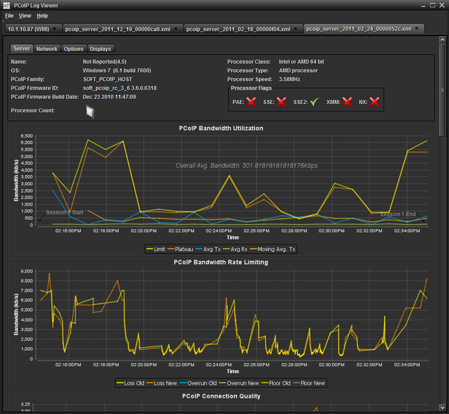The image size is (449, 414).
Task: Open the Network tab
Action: coord(47,49)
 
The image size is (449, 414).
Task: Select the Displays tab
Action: coord(100,49)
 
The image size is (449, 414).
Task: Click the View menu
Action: coord(25,16)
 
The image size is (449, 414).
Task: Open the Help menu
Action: coord(42,16)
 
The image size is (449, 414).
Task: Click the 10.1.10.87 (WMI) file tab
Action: coord(29,29)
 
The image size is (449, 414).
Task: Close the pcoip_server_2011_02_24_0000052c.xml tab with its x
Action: coord(417,29)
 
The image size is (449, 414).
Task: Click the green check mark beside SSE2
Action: coord(314,102)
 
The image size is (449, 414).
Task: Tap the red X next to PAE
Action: coord(251,102)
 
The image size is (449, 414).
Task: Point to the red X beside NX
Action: coord(374,102)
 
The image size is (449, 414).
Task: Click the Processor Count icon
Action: coord(90,112)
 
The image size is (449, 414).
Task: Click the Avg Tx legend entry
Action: coord(208,250)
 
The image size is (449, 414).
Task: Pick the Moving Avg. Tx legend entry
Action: coord(273,250)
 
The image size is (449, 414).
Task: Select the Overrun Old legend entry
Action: coord(198,383)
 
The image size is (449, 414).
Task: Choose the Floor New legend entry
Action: coord(309,383)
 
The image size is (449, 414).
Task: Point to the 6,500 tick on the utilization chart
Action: coord(26,136)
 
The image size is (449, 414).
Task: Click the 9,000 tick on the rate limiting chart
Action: coord(26,271)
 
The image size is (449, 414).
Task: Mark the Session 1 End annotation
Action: coord(398,214)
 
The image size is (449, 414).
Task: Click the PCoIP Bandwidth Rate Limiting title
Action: coord(221,263)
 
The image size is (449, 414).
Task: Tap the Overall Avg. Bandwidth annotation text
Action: coord(246,165)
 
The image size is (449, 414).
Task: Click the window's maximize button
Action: coord(433,5)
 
